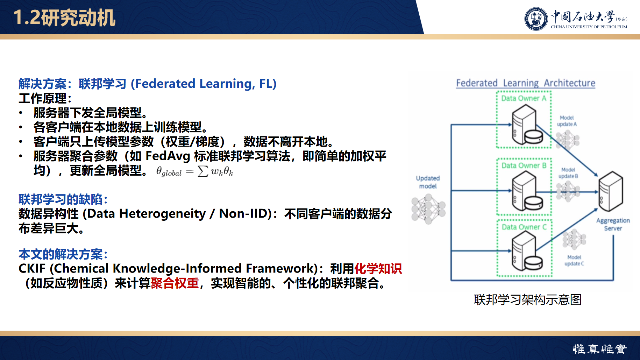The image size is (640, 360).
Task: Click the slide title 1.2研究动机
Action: tap(64, 17)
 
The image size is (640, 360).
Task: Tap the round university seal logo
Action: tap(536, 19)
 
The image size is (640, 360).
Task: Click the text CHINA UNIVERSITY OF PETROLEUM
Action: tap(589, 27)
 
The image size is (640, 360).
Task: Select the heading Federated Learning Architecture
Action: tap(525, 83)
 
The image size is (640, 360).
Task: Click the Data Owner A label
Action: tap(524, 98)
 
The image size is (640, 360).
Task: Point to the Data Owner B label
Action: tap(524, 165)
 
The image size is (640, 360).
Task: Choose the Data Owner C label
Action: tap(524, 227)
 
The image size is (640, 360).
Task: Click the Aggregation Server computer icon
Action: tap(611, 191)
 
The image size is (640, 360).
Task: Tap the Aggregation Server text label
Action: tap(613, 224)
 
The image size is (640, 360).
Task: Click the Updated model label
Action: tap(428, 182)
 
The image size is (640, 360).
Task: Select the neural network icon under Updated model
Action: tap(428, 209)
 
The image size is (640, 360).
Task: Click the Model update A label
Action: tap(567, 121)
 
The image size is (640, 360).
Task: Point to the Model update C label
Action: tap(574, 260)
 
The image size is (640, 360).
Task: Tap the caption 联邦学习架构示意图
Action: tap(527, 299)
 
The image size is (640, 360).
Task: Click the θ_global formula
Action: tap(194, 171)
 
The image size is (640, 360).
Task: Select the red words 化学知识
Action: tap(378, 269)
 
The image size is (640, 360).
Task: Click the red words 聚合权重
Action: tap(175, 283)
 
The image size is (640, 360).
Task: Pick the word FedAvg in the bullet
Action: tap(168, 156)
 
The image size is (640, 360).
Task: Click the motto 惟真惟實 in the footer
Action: tap(600, 349)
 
